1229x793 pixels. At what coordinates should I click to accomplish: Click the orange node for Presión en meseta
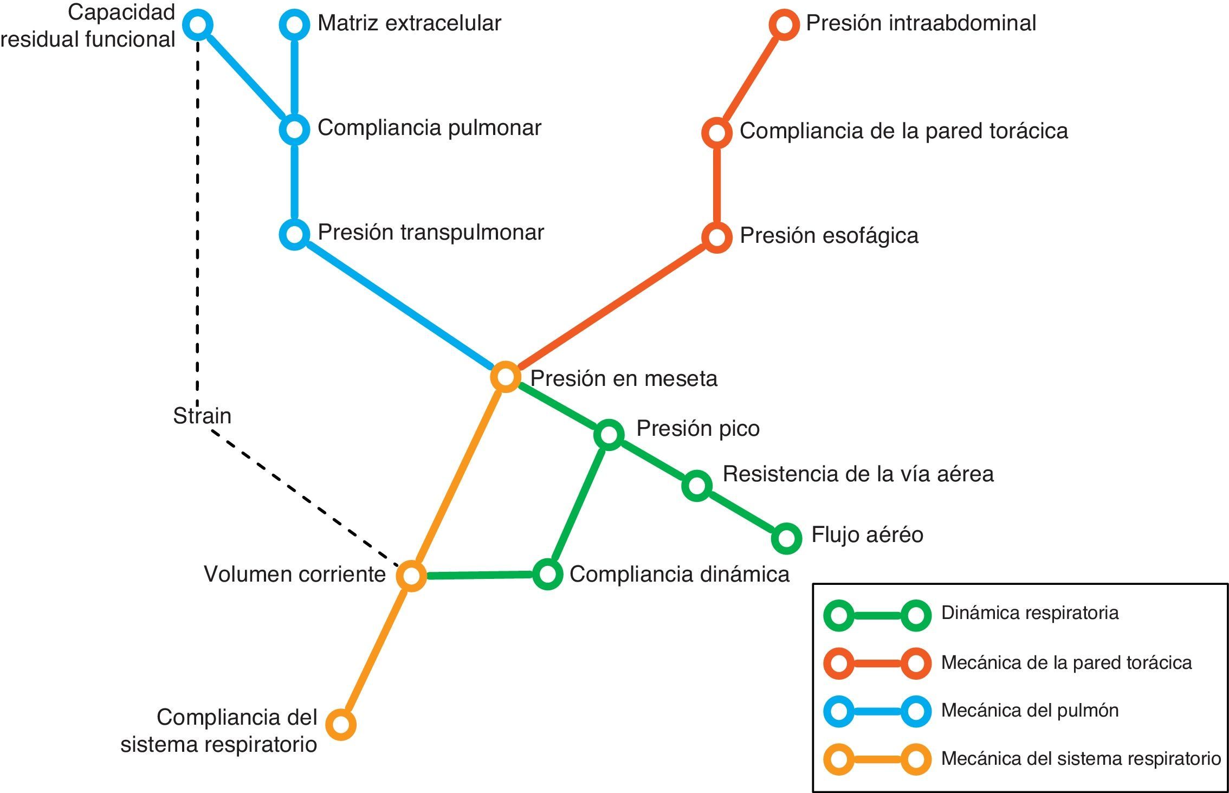point(505,377)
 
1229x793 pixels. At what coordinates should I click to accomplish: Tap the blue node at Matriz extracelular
point(294,24)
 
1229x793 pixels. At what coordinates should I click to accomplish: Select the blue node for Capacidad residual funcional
point(198,24)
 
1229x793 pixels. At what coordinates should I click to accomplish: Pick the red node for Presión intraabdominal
point(784,24)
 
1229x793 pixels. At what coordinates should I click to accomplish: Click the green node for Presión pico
point(609,435)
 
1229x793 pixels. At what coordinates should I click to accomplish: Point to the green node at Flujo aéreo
point(786,538)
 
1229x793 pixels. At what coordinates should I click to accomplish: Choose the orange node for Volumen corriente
point(411,576)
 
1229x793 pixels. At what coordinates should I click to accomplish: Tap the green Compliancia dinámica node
point(547,574)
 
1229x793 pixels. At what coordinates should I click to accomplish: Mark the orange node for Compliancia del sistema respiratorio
point(341,724)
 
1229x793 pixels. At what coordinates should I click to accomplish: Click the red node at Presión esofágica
point(716,237)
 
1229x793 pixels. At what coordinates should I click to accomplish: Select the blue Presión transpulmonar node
point(294,234)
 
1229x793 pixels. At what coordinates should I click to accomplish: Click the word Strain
point(202,416)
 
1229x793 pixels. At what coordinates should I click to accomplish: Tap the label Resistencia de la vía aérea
point(858,474)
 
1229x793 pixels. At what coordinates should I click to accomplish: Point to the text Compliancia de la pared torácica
point(903,131)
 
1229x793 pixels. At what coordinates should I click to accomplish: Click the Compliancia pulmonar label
point(429,128)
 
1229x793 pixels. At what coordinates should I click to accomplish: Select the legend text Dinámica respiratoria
point(1030,613)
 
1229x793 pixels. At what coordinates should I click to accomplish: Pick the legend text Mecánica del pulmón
point(1030,710)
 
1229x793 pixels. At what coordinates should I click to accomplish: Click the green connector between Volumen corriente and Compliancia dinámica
point(480,575)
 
